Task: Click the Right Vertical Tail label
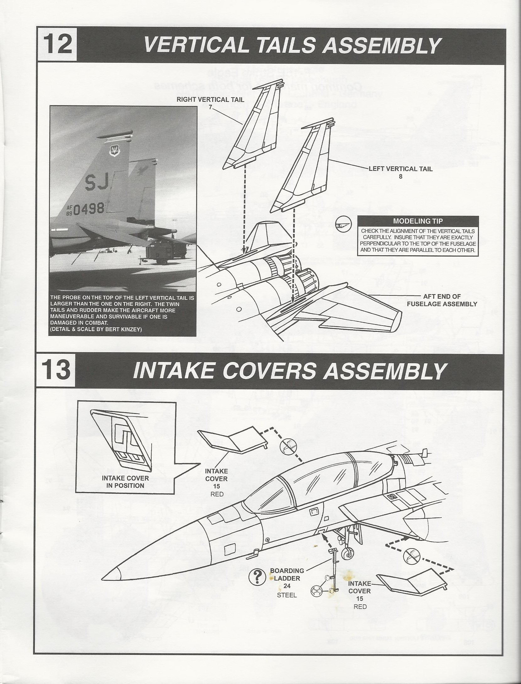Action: coord(210,100)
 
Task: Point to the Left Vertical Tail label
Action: coord(400,169)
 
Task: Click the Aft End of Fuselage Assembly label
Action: coord(442,300)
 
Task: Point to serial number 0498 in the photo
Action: coord(89,208)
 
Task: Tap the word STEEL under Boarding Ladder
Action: coord(287,595)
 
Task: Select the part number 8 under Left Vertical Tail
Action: coord(400,176)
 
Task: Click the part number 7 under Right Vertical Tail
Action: coord(210,107)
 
